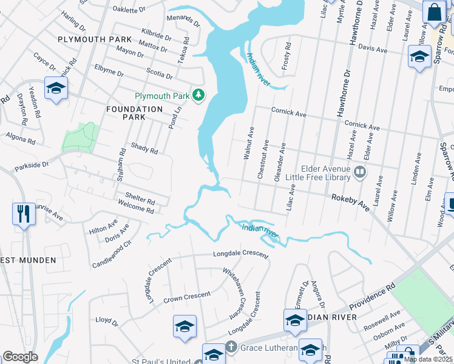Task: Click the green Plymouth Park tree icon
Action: tap(198, 95)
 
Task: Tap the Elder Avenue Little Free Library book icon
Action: tap(360, 173)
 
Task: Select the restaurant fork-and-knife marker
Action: tap(23, 214)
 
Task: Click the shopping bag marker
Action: tap(435, 12)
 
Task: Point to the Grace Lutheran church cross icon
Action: tap(230, 347)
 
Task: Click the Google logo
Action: tap(20, 357)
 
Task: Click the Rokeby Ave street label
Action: tap(350, 201)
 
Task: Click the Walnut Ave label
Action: tap(248, 143)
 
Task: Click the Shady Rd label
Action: tap(144, 148)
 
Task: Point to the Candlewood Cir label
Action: tap(112, 255)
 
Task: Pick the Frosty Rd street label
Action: tap(288, 55)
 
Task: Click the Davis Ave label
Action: tap(373, 47)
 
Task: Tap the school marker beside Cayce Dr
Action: tap(56, 89)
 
